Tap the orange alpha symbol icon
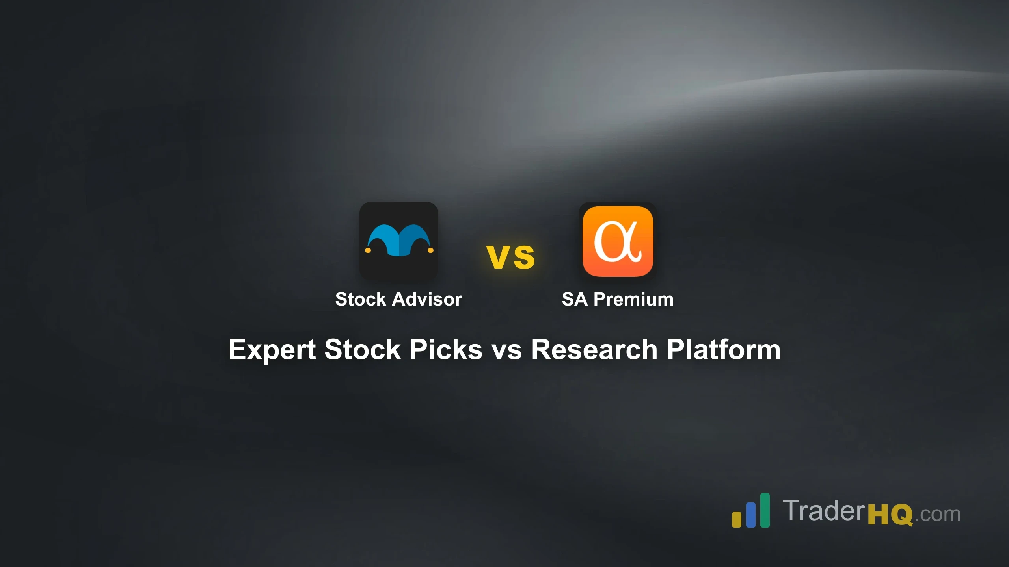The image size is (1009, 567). (618, 241)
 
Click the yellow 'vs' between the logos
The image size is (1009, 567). (511, 257)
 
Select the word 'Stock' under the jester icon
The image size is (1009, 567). (360, 299)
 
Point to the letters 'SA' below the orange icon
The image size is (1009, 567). (574, 299)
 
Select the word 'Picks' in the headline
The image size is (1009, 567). (446, 350)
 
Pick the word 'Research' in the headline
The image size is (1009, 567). (594, 350)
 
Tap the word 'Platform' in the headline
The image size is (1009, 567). (723, 350)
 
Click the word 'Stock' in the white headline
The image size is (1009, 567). (362, 350)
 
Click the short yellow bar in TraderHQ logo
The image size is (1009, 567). (736, 519)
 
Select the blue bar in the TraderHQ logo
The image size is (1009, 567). (751, 515)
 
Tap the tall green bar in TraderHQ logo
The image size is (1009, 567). (765, 510)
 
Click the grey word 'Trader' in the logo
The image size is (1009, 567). (824, 511)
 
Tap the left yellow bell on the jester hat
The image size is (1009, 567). (368, 250)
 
